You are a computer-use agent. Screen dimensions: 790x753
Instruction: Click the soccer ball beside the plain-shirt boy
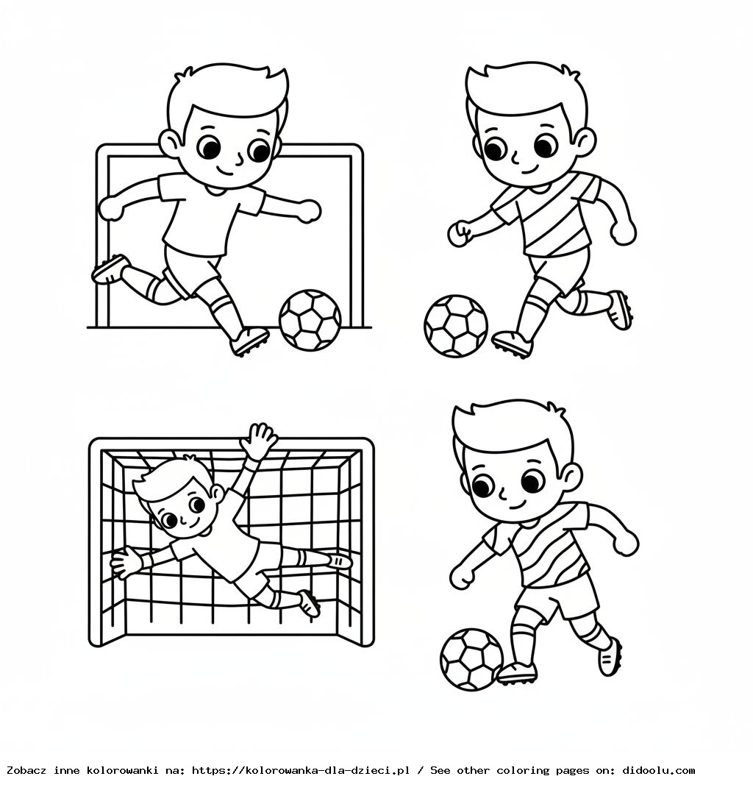310,319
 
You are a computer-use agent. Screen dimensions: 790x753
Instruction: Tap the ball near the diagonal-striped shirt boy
455,326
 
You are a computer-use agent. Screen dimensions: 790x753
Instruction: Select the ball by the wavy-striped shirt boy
471,658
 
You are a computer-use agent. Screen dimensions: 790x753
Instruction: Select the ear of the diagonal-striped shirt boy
585,140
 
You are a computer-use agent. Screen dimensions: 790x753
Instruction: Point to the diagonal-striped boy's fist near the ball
460,232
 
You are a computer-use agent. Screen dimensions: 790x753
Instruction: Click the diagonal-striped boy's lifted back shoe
619,309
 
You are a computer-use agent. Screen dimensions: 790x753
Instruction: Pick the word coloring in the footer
523,770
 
